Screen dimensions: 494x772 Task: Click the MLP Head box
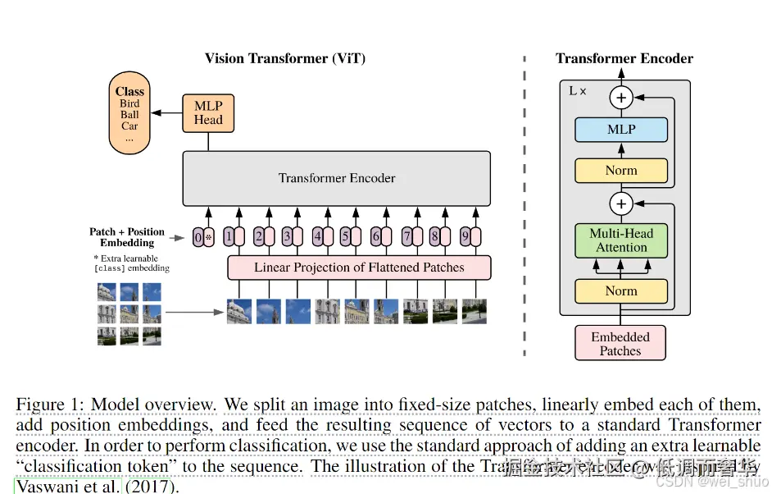tap(208, 112)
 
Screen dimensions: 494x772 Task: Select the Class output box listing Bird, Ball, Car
tap(129, 114)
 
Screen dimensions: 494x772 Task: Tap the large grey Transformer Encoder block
tap(337, 178)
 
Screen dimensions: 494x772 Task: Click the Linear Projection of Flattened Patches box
tap(359, 268)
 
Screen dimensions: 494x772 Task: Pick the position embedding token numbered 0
tap(198, 238)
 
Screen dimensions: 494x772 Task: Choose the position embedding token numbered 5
tap(346, 238)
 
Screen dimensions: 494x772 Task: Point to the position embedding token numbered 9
tap(465, 238)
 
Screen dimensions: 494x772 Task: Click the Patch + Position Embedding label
tap(127, 237)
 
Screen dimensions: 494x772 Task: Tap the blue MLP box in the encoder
tap(621, 130)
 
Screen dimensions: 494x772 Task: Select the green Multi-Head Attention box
tap(621, 240)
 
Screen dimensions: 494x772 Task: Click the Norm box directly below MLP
tap(621, 171)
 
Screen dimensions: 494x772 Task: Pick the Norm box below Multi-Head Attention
tap(621, 291)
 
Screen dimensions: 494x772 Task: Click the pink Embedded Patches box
tap(620, 344)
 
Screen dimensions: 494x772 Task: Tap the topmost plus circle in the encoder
tap(621, 98)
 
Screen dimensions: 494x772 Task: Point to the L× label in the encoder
tap(578, 91)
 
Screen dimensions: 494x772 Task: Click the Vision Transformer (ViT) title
tap(285, 58)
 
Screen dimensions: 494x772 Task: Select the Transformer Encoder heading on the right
tap(624, 58)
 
